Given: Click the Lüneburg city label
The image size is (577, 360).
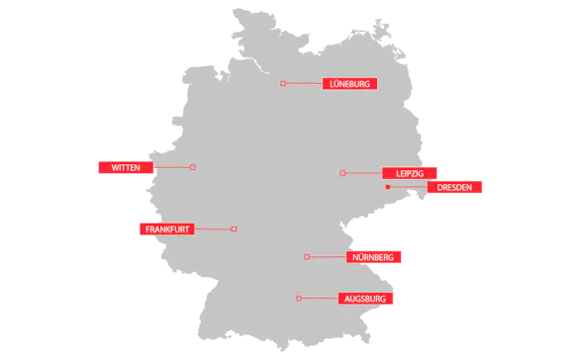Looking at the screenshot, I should coord(349,84).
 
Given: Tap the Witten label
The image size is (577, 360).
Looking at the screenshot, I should coord(126,167).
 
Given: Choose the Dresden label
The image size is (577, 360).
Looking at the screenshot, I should coord(454,187).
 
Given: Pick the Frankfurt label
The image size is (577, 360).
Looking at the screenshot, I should coord(166,229).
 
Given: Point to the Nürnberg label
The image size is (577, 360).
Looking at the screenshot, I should coord(373,257).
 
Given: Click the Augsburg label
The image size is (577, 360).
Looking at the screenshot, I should coord(365,299).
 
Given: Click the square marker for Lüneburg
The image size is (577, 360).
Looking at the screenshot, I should coord(283,83).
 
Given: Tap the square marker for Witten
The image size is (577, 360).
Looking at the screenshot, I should coord(193,167).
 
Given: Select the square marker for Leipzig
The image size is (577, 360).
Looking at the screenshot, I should coord(342,173).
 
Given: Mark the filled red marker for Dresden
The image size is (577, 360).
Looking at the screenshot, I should coord(388,187).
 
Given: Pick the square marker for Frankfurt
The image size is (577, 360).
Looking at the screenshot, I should coord(234,229).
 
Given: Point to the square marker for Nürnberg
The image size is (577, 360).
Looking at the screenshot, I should coord(307,257).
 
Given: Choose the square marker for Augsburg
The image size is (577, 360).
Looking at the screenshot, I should coord(299,299).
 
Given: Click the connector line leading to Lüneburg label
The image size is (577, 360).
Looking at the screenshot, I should coord(304,83).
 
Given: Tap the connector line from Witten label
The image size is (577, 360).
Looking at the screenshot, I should coord(172,167).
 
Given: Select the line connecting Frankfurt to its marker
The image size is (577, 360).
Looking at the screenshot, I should coord(213,229).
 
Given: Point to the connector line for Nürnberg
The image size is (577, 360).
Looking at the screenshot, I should coord(328,257).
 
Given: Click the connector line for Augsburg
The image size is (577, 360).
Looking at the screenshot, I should coord(319,299).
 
